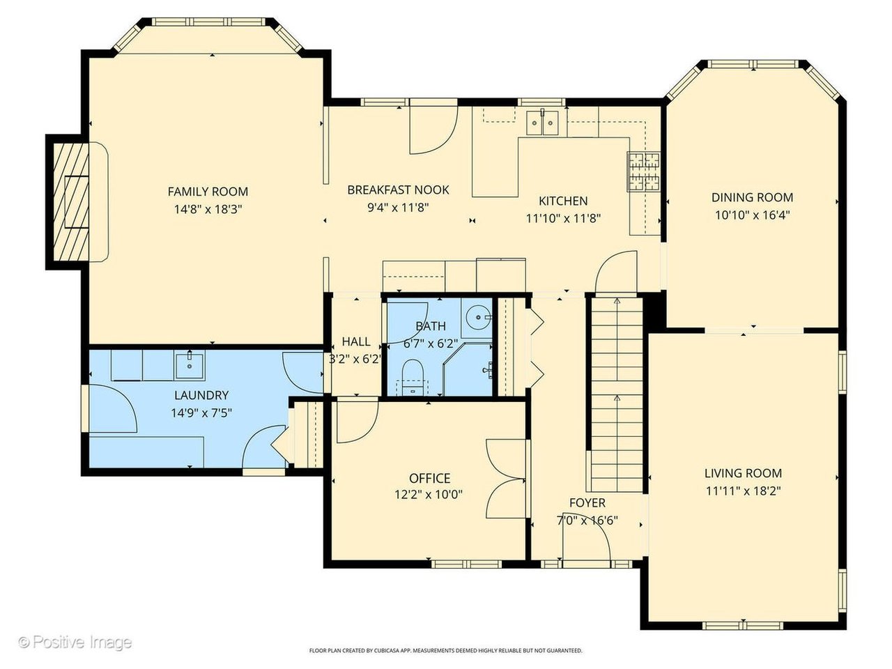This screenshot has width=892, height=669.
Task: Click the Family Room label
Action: (x=208, y=192)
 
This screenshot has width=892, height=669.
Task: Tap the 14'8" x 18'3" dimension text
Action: (x=208, y=210)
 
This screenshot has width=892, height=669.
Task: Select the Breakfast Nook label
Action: (x=398, y=190)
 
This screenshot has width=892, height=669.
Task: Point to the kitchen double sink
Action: (x=542, y=123)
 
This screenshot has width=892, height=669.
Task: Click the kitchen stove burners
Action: (x=644, y=171)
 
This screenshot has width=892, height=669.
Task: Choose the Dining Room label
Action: (x=752, y=197)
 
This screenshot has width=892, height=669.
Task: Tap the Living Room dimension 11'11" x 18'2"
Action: (x=744, y=491)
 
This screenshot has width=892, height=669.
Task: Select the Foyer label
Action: (x=587, y=503)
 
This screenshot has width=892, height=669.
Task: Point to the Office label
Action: (x=429, y=478)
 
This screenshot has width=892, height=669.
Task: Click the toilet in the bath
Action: (x=413, y=377)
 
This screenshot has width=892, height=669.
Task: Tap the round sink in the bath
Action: (x=478, y=316)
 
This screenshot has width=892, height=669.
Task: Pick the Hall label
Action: (x=356, y=341)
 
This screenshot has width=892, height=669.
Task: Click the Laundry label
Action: (x=201, y=395)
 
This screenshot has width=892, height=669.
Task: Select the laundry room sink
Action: (x=190, y=365)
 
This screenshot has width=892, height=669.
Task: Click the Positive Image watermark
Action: (x=75, y=643)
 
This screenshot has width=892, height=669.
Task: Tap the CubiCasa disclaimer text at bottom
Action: (x=446, y=650)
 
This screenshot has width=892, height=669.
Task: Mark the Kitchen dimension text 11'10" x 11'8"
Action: (x=563, y=219)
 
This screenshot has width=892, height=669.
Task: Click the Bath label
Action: (x=431, y=325)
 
